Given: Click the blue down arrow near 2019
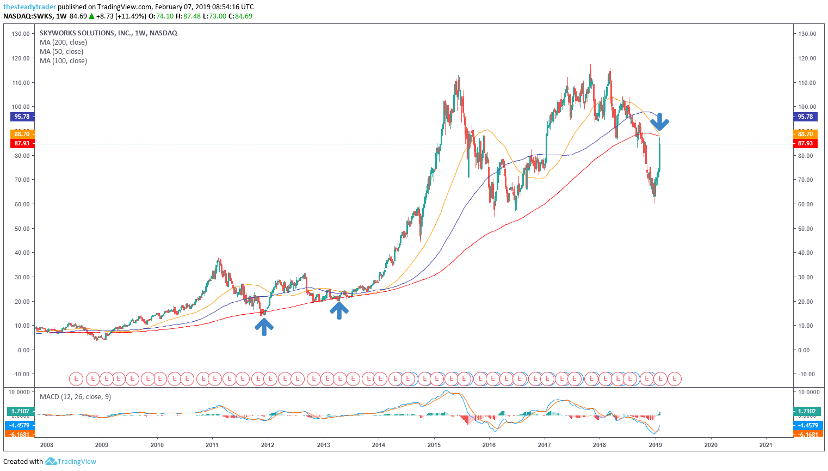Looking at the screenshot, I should (x=659, y=122).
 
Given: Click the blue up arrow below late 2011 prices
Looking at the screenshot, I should (x=264, y=326).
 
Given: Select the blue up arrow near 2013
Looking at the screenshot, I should (x=339, y=310).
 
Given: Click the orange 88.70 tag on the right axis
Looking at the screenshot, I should (x=805, y=134).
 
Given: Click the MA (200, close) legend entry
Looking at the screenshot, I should (x=63, y=42).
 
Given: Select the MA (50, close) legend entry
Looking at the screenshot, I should (x=61, y=52).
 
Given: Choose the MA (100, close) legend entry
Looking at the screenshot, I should (x=63, y=61).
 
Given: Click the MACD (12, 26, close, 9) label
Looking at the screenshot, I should (x=75, y=397).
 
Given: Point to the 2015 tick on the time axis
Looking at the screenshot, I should (x=434, y=445).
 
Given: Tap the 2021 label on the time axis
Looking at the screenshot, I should (x=765, y=445).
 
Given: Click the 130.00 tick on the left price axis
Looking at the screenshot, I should (x=21, y=34).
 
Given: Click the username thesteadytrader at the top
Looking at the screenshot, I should (x=29, y=7).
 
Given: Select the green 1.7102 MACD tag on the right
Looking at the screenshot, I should (x=807, y=412).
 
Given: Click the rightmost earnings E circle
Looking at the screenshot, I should (x=675, y=378).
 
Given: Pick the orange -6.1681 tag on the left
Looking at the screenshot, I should (x=21, y=435).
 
